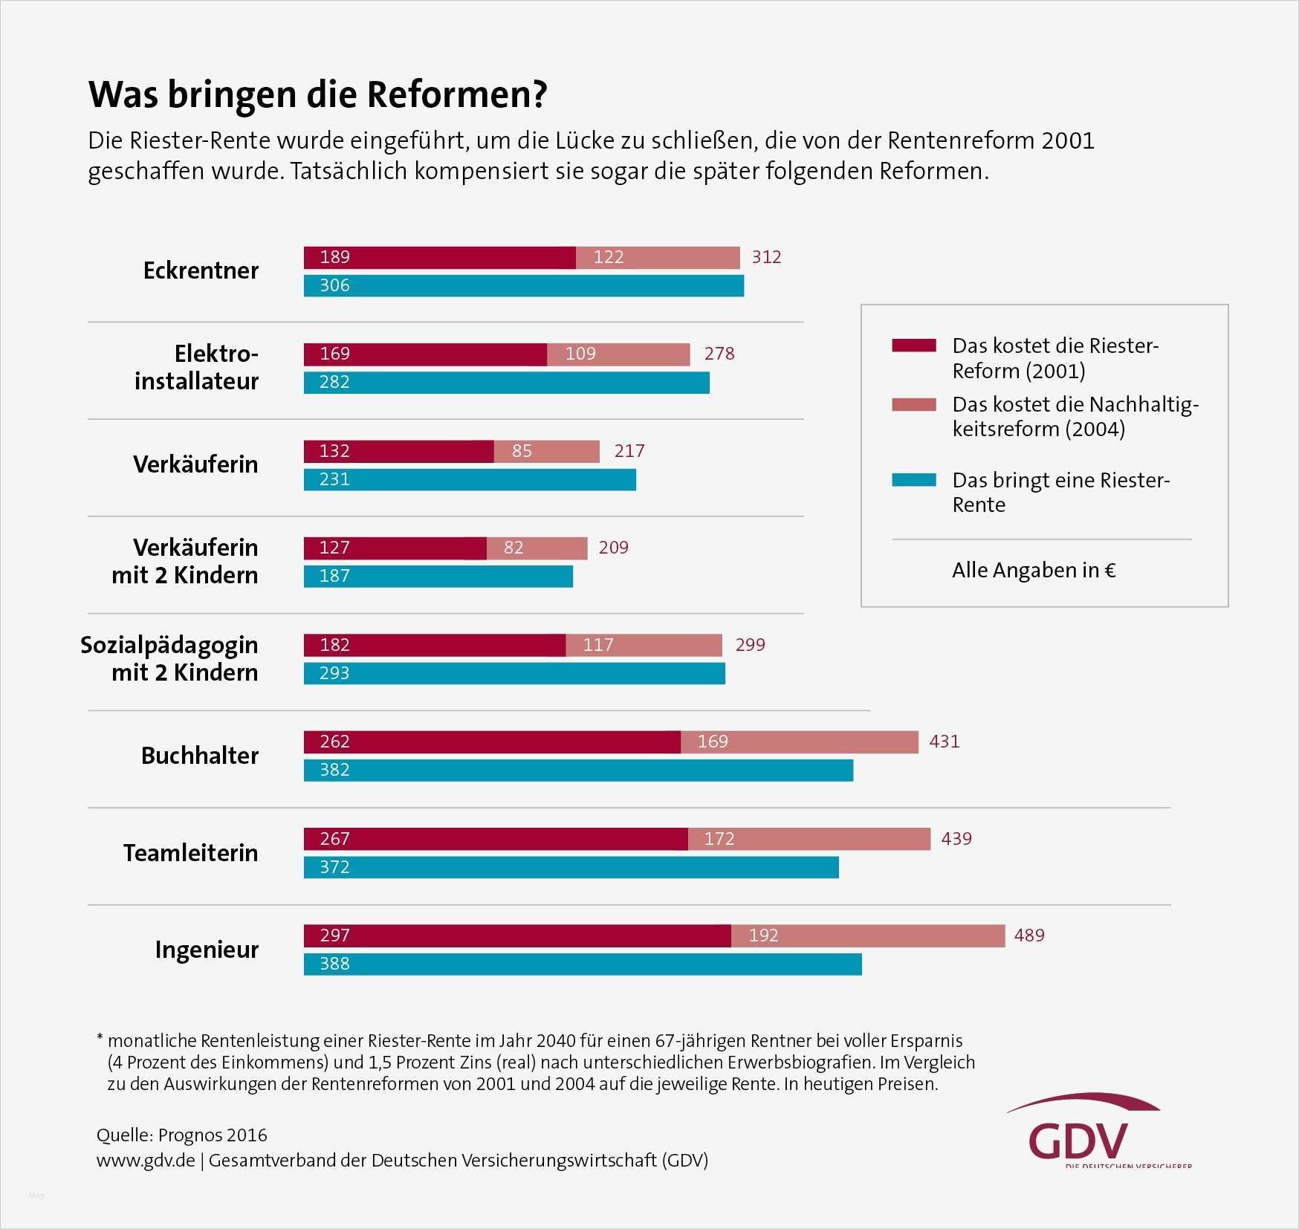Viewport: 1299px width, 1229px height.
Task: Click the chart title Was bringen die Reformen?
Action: click(317, 95)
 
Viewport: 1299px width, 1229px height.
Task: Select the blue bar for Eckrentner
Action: click(523, 285)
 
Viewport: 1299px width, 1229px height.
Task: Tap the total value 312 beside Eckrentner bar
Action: click(766, 257)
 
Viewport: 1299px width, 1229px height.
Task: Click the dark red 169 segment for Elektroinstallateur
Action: click(425, 354)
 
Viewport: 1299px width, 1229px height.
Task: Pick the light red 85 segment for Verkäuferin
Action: click(546, 451)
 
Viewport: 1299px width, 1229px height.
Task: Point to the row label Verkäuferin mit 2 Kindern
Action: click(185, 561)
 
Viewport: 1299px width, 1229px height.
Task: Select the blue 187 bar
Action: click(438, 576)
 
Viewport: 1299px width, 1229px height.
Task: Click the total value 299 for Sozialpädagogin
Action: click(750, 645)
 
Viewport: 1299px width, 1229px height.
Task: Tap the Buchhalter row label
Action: click(200, 756)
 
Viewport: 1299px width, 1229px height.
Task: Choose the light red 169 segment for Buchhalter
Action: click(799, 742)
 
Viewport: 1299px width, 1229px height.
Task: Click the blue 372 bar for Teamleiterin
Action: click(571, 867)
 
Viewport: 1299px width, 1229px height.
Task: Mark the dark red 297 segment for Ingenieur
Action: click(517, 935)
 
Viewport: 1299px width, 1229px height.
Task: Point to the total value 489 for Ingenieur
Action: click(1029, 935)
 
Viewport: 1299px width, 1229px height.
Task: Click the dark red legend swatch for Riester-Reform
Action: click(913, 346)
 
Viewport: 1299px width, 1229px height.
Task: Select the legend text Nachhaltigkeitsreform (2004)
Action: click(1075, 416)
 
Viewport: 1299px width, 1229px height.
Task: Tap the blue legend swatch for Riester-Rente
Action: click(913, 480)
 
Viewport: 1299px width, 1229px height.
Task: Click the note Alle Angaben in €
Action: click(1033, 570)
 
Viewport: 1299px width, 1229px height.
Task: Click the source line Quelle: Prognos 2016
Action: click(181, 1135)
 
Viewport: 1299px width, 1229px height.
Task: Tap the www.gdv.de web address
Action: click(146, 1160)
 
